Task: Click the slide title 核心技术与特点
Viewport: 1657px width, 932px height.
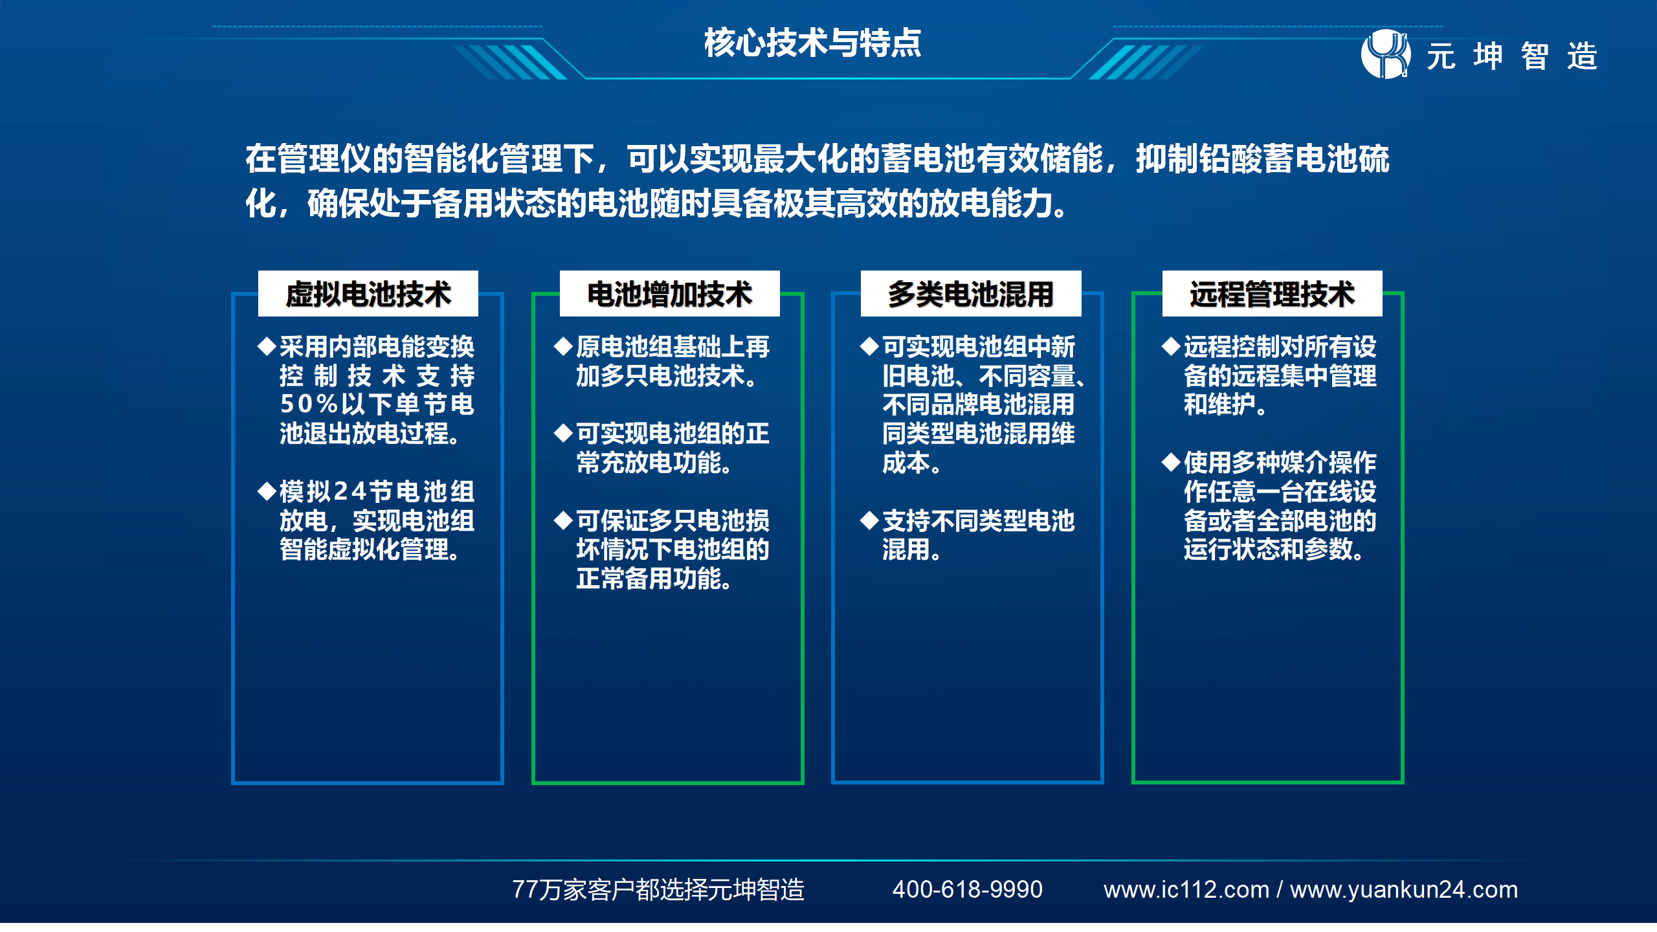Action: (x=812, y=43)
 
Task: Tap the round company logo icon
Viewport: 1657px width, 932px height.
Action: (x=1386, y=54)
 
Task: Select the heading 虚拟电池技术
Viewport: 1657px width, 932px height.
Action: (x=368, y=294)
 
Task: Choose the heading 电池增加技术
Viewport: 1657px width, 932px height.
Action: (x=669, y=294)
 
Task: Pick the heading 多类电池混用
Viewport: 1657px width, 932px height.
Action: (x=970, y=294)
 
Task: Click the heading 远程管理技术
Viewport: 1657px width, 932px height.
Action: (x=1272, y=294)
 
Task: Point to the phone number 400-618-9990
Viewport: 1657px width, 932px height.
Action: (x=967, y=889)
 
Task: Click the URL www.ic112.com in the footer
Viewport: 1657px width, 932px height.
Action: (x=1186, y=889)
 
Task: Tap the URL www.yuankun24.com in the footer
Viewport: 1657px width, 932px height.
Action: (x=1404, y=890)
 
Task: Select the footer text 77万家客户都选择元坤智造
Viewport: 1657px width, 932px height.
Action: (x=658, y=890)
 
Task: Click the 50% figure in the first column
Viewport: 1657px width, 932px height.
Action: (x=309, y=404)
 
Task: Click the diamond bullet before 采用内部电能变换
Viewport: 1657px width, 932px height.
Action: (x=267, y=346)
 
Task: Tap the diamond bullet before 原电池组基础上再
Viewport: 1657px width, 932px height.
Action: (x=564, y=346)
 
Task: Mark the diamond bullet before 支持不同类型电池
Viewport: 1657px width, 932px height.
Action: (x=870, y=520)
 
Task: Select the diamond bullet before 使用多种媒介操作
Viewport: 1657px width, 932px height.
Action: (x=1172, y=462)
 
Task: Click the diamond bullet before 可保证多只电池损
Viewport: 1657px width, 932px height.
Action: (x=564, y=520)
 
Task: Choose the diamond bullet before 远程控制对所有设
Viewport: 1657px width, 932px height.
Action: (x=1172, y=346)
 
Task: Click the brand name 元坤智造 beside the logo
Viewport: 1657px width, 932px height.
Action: (x=1512, y=56)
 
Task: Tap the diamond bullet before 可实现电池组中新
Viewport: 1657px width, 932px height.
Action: (x=870, y=346)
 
